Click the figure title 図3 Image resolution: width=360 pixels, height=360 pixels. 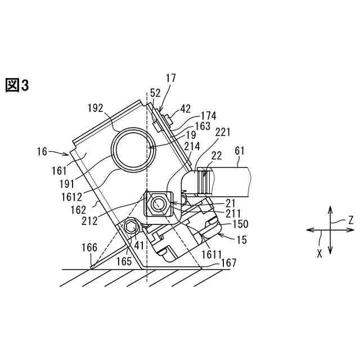pyautogui.click(x=16, y=85)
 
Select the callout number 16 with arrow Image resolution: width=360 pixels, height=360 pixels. pyautogui.click(x=43, y=151)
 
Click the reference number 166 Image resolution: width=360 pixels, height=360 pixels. pyautogui.click(x=88, y=247)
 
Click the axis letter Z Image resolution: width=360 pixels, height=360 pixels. pyautogui.click(x=350, y=220)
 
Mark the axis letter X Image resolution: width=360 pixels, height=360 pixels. pyautogui.click(x=319, y=253)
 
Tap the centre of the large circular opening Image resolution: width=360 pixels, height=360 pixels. pyautogui.click(x=130, y=148)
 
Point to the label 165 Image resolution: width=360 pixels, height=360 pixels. pyautogui.click(x=125, y=260)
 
